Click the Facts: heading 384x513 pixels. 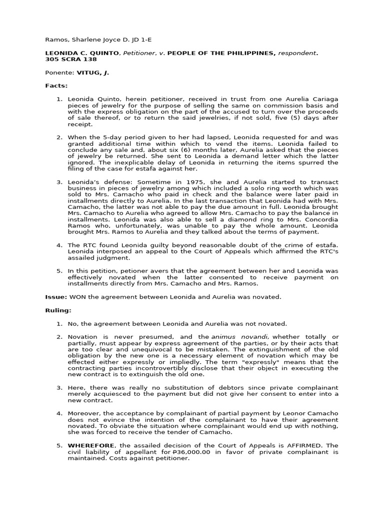[56, 86]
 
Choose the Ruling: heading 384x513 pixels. [58, 311]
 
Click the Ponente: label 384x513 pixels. [58, 73]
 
